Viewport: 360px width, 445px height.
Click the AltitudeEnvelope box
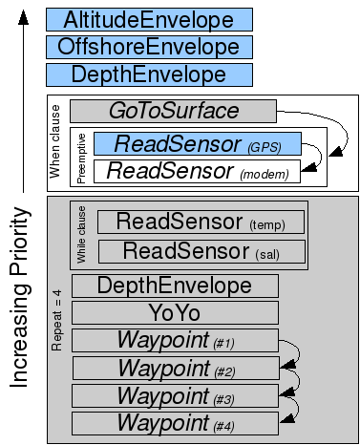click(x=149, y=20)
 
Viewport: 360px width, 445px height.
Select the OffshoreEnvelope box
click(x=149, y=47)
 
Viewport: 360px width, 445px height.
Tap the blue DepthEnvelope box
click(x=149, y=74)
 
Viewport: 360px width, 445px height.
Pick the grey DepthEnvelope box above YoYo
click(x=175, y=286)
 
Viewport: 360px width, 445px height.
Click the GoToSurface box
click(x=173, y=111)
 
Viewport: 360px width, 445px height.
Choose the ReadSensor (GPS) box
click(x=198, y=144)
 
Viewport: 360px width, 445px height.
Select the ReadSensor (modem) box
click(x=197, y=171)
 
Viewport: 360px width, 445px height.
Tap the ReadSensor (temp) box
click(x=201, y=222)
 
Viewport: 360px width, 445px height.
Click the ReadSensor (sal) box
click(x=201, y=251)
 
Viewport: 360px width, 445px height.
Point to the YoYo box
click(x=175, y=313)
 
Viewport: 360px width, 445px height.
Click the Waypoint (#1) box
click(x=175, y=340)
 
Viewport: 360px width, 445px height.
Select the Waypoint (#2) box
click(x=176, y=368)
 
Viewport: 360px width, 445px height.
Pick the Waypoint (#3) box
click(x=175, y=395)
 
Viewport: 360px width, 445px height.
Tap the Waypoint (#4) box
click(x=175, y=423)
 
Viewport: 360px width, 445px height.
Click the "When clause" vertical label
click(x=54, y=142)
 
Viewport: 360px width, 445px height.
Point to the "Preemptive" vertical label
click(x=81, y=159)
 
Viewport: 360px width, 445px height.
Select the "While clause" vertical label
click(x=81, y=235)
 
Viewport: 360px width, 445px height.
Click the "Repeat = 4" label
click(x=56, y=320)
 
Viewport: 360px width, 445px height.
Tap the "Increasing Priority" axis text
click(x=20, y=297)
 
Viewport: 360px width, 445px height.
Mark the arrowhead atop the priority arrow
click(x=23, y=17)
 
